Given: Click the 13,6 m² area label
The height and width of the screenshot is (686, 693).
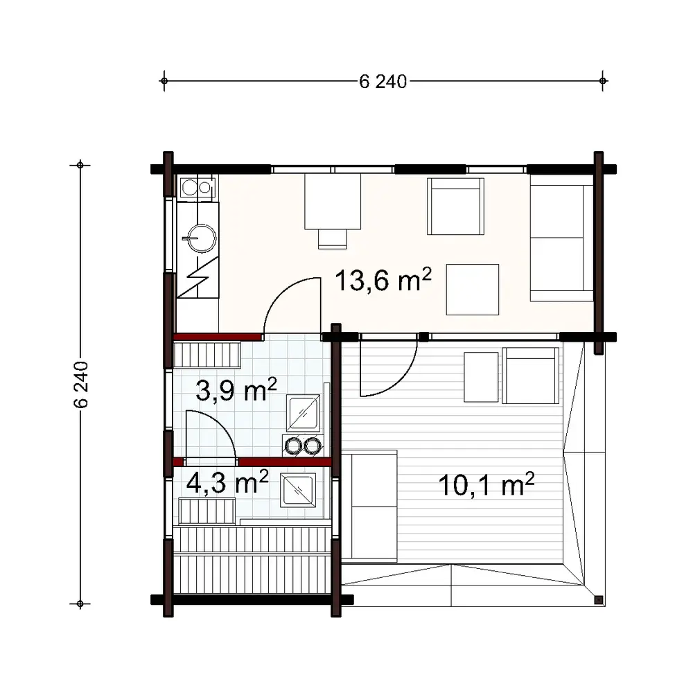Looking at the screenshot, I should click(383, 281).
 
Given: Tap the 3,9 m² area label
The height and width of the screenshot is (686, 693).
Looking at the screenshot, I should click(236, 390).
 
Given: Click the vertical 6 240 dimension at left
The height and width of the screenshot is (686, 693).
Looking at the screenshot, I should click(80, 385).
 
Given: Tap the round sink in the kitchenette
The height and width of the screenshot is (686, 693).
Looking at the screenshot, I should click(199, 238).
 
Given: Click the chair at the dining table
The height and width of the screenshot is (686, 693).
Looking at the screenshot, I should click(333, 238).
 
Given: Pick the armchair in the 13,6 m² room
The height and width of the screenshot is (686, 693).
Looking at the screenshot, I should click(455, 206).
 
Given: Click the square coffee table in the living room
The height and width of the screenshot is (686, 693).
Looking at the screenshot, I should click(472, 290).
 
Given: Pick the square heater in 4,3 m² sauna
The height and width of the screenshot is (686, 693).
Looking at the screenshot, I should click(297, 491).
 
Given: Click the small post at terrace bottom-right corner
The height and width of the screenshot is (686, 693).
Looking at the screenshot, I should click(599, 599).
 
